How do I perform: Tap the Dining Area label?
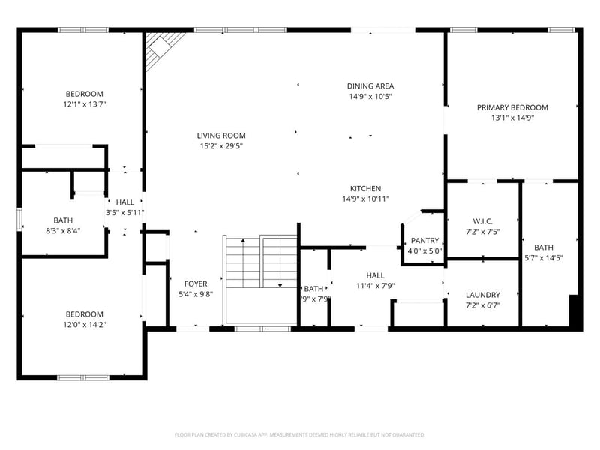tap(370, 86)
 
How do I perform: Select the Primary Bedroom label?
tap(512, 108)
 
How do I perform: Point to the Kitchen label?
tap(365, 188)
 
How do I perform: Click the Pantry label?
tap(424, 241)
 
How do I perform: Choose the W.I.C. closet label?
tap(482, 221)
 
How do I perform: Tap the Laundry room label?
tap(482, 295)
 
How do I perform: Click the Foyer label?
tap(195, 283)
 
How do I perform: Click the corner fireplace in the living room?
tap(160, 49)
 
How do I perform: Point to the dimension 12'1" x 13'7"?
tap(84, 105)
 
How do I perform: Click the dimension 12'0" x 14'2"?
tap(84, 325)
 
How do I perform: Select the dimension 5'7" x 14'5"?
tap(543, 258)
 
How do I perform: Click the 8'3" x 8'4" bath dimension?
tap(63, 231)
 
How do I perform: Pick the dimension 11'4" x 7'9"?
tap(375, 286)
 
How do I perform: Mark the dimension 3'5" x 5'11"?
tap(125, 213)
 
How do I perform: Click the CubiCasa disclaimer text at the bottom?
tap(300, 434)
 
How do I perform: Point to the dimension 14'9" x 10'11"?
tap(365, 199)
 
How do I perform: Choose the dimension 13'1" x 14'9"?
tap(512, 118)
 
